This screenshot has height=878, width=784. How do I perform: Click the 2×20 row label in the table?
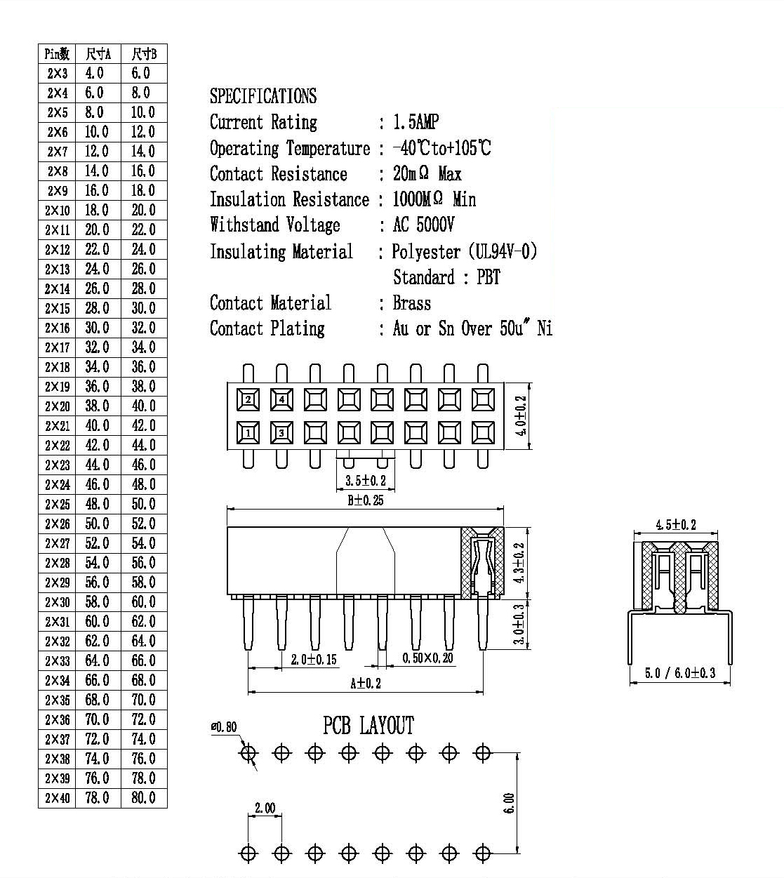click(x=58, y=406)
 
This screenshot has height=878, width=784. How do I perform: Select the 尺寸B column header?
click(x=144, y=54)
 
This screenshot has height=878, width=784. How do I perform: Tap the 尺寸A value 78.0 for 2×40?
click(x=97, y=797)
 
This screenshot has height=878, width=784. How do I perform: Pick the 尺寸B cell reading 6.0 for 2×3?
click(x=141, y=73)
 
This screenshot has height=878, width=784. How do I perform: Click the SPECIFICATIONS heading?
click(x=263, y=95)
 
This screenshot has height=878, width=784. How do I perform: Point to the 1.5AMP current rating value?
click(x=416, y=122)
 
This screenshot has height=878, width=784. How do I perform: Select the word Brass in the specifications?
click(x=412, y=303)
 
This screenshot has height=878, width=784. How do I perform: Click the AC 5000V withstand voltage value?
click(x=423, y=225)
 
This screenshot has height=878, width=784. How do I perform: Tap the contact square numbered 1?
click(x=248, y=432)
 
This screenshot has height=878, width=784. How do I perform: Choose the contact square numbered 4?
click(x=281, y=399)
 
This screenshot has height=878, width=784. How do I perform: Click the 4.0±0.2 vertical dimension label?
click(x=521, y=415)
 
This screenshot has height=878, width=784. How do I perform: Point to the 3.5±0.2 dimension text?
click(x=366, y=481)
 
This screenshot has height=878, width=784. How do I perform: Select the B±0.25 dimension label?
click(x=366, y=500)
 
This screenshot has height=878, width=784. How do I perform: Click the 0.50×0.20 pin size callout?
click(x=427, y=658)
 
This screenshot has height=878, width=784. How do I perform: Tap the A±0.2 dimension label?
click(x=366, y=684)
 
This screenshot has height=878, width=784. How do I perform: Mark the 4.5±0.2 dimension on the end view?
click(x=676, y=525)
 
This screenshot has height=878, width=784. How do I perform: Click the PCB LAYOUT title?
click(x=368, y=726)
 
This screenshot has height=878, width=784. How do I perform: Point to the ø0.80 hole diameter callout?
click(x=224, y=727)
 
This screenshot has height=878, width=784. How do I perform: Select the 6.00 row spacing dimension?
click(x=510, y=803)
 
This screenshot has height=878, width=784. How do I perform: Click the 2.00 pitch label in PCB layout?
click(x=265, y=809)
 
